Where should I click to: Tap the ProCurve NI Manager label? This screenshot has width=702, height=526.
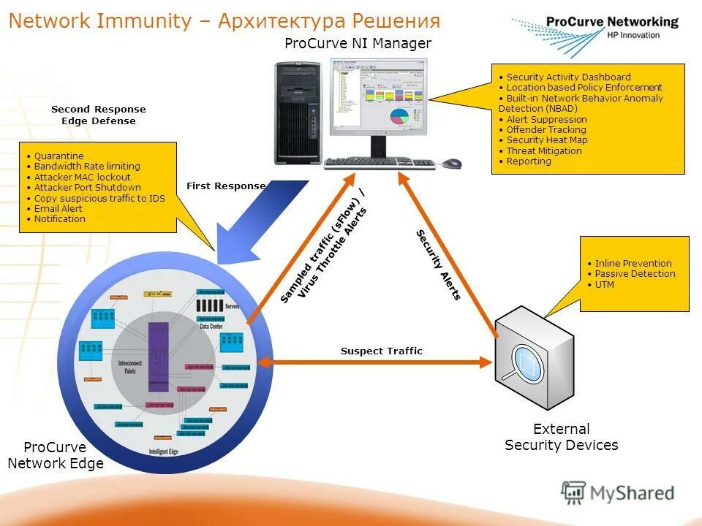coord(358,44)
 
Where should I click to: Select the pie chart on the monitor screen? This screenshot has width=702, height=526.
coord(399,116)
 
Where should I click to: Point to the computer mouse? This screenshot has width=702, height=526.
coord(451,163)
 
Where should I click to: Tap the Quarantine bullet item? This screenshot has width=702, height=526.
coord(58,156)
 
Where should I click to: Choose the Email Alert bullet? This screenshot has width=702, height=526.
coord(58,208)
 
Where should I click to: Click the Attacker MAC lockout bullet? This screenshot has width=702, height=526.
coord(82,177)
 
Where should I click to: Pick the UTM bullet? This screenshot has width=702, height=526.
coord(604,285)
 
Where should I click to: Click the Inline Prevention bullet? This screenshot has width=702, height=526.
coord(633,264)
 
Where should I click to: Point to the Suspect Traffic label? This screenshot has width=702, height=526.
coord(381,351)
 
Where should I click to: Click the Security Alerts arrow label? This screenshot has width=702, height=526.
coord(438,264)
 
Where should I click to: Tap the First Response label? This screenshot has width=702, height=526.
coord(226,186)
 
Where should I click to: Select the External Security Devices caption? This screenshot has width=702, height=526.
coord(561,437)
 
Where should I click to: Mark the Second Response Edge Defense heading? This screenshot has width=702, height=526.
coord(98,115)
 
